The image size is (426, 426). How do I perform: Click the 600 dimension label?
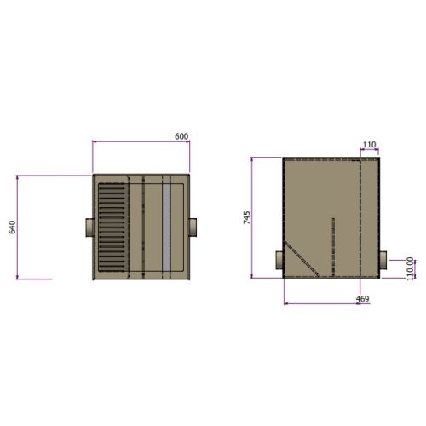(181, 136)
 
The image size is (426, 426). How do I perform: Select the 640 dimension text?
(12, 227)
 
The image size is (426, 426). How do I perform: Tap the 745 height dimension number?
(246, 217)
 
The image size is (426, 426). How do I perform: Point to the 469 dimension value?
(361, 299)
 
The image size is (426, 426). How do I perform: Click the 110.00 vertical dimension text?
(409, 268)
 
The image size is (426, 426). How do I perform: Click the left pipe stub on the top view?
(87, 227)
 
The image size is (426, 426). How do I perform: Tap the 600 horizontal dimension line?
(140, 141)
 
